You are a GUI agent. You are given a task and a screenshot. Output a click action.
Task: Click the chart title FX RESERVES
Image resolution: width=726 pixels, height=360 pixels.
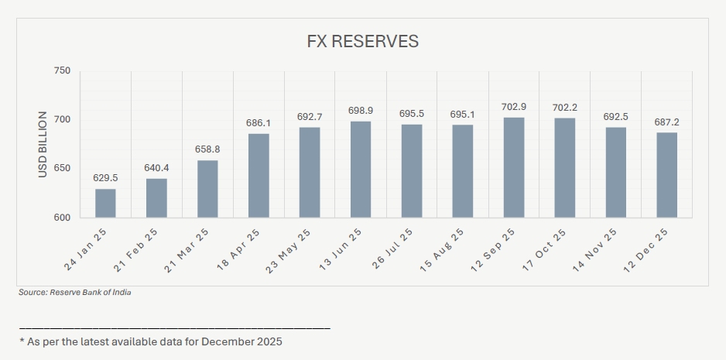point(362,42)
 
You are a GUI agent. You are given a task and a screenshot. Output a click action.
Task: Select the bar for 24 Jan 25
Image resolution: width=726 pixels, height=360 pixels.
point(105,204)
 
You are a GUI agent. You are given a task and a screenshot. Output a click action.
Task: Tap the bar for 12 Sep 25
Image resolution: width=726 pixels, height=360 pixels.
point(514,168)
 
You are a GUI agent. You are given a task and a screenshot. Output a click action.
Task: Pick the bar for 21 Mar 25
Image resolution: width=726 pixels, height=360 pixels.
point(207,189)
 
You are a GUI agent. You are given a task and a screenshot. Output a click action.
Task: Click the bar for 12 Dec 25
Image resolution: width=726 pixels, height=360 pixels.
point(667,175)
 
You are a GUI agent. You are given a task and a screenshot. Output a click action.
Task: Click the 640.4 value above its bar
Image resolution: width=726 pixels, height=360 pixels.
point(156,167)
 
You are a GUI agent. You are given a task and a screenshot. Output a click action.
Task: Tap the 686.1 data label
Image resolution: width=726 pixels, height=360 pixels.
point(258,124)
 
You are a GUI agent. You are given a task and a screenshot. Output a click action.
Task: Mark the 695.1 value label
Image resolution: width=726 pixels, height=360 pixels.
point(462,115)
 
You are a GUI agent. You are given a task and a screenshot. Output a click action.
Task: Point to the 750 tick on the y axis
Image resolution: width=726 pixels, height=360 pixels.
point(61,71)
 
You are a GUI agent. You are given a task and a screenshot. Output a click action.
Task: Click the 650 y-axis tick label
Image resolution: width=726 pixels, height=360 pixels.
point(61,169)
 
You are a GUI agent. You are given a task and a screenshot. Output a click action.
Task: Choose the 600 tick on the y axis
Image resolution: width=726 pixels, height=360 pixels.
point(61,218)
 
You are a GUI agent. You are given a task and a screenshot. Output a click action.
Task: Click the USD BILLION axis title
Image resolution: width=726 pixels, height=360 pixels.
point(43,145)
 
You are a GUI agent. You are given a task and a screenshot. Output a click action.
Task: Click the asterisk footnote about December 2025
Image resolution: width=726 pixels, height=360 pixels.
point(151,341)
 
